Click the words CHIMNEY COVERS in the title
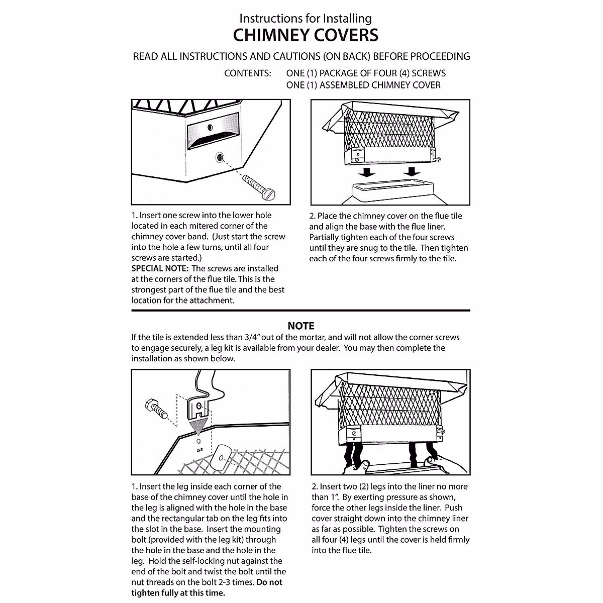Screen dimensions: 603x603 pyautogui.click(x=306, y=35)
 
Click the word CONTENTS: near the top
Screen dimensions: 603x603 pyautogui.click(x=248, y=73)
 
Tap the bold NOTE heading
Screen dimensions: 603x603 pyautogui.click(x=301, y=326)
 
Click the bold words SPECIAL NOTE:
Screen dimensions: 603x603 pyautogui.click(x=160, y=268)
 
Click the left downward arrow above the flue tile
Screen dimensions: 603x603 pyautogui.click(x=369, y=172)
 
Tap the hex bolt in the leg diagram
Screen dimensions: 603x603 pyautogui.click(x=155, y=408)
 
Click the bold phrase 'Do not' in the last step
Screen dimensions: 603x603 pyautogui.click(x=270, y=582)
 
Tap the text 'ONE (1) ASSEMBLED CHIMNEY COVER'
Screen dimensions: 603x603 pyautogui.click(x=363, y=85)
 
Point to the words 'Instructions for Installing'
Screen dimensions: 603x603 pyautogui.click(x=306, y=19)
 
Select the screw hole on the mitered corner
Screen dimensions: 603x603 pyautogui.click(x=220, y=157)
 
